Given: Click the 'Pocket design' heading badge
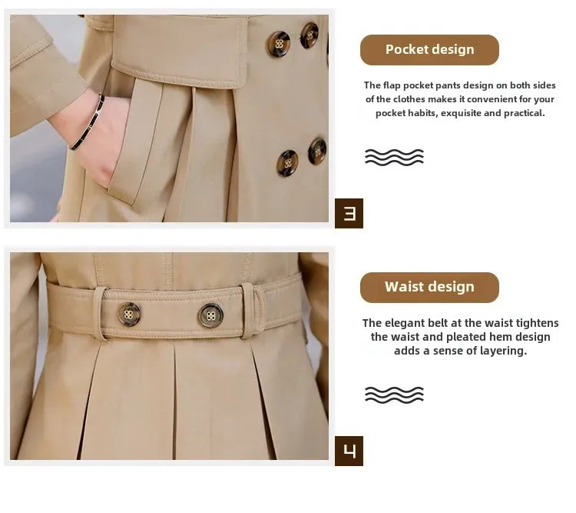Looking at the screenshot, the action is [x=429, y=50].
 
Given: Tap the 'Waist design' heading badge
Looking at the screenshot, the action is [x=429, y=288].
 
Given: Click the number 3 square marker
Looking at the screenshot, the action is [x=349, y=214].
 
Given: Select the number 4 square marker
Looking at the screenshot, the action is [x=349, y=451].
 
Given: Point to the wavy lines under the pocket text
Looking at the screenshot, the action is [x=394, y=157].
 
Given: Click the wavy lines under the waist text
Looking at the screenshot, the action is [x=394, y=395].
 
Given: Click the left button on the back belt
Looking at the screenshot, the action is [x=128, y=315].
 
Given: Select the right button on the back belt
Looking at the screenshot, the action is [x=210, y=316].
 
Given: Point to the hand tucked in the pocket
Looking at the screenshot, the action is [x=96, y=137].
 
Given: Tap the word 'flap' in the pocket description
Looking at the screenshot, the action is [x=392, y=85].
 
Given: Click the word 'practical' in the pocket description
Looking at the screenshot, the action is [x=525, y=113].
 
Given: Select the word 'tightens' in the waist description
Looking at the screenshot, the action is [x=538, y=323].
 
